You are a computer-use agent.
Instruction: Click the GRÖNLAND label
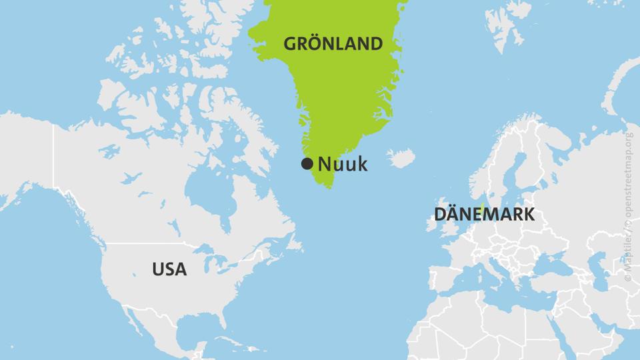click(333, 44)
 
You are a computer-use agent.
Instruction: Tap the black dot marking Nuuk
click(307, 164)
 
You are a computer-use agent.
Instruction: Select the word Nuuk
click(343, 164)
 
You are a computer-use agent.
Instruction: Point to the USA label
click(169, 269)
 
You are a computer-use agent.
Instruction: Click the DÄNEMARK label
click(484, 215)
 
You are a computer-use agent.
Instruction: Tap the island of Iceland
click(401, 159)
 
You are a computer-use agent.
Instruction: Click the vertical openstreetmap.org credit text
click(629, 200)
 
